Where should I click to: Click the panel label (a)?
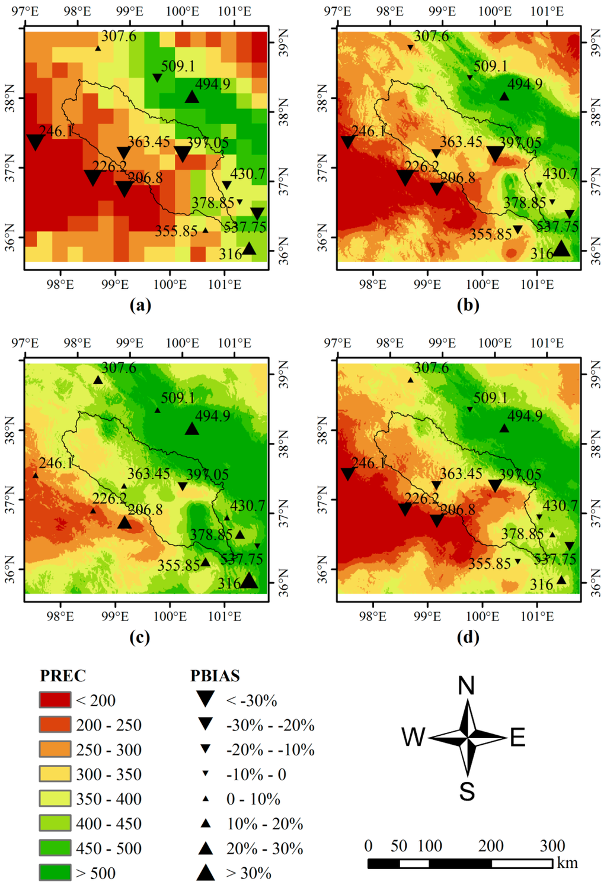pyautogui.click(x=140, y=305)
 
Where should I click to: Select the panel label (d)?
pyautogui.click(x=468, y=637)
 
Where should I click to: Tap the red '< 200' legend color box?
pyautogui.click(x=55, y=700)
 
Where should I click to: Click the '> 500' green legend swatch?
pyautogui.click(x=55, y=873)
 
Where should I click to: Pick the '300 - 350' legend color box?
pyautogui.click(x=55, y=774)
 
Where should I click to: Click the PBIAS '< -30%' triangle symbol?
pyautogui.click(x=205, y=699)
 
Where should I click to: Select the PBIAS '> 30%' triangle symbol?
pyautogui.click(x=205, y=872)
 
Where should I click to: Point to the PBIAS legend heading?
pyautogui.click(x=215, y=675)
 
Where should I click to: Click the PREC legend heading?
pyautogui.click(x=63, y=675)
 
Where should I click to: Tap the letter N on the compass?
pyautogui.click(x=467, y=686)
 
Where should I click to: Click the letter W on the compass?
pyautogui.click(x=413, y=738)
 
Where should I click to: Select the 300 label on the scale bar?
pyautogui.click(x=552, y=845)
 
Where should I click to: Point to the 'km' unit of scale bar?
pyautogui.click(x=567, y=863)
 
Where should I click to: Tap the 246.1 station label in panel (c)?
pyautogui.click(x=56, y=463)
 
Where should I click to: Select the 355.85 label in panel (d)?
pyautogui.click(x=490, y=563)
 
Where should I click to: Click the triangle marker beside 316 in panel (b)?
pyautogui.click(x=561, y=249)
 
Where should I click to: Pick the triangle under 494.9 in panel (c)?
pyautogui.click(x=191, y=429)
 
